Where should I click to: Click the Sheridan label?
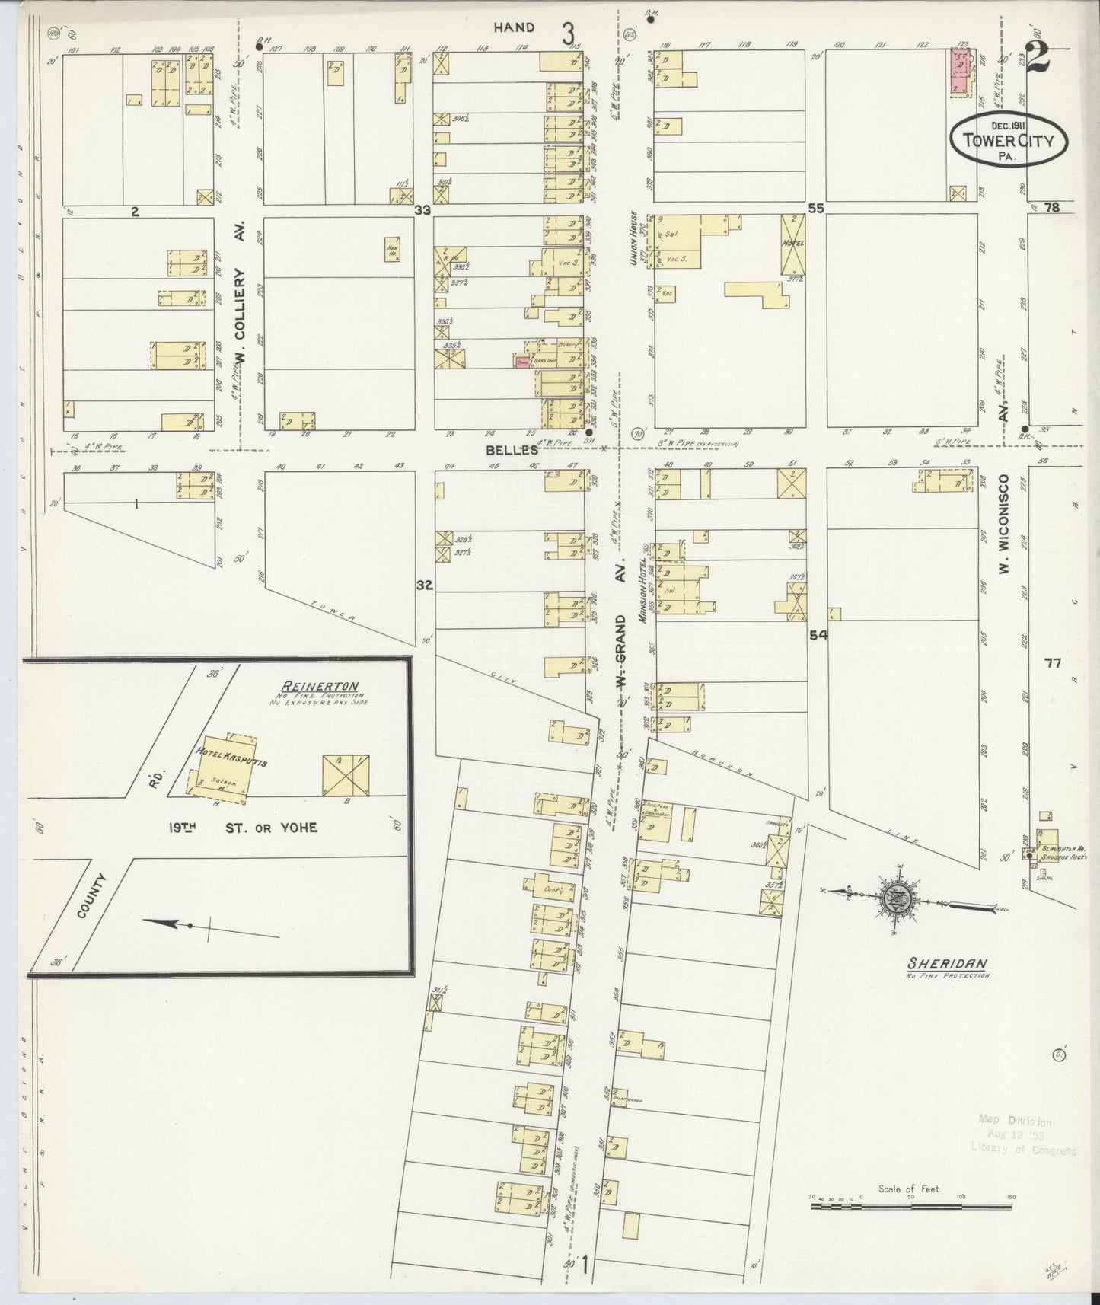pyautogui.click(x=946, y=963)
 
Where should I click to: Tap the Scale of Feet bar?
pyautogui.click(x=910, y=1205)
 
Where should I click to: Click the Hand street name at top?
pyautogui.click(x=514, y=27)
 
